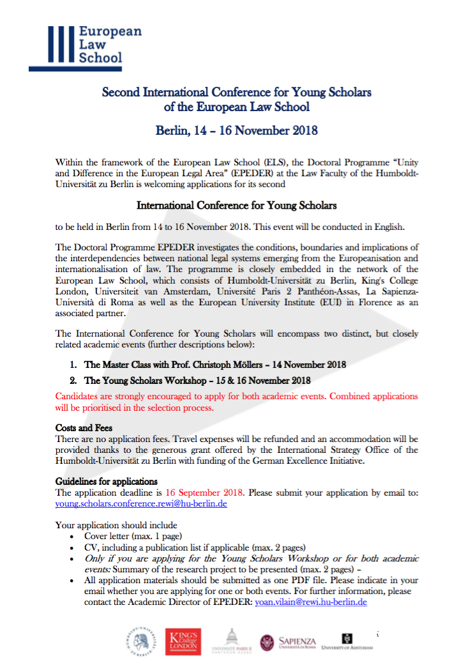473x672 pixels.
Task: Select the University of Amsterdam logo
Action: (347, 641)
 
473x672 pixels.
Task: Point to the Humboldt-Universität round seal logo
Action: (140, 641)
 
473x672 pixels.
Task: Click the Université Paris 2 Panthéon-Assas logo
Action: (232, 641)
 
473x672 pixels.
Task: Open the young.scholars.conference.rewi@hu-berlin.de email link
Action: (141, 503)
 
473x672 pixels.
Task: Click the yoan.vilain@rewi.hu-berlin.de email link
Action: (311, 602)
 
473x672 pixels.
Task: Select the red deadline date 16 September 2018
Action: (204, 493)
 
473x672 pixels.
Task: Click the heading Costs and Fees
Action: (84, 427)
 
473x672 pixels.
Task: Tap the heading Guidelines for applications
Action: (107, 481)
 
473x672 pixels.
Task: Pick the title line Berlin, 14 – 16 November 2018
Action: (237, 131)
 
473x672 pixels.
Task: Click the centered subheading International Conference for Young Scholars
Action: (237, 206)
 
